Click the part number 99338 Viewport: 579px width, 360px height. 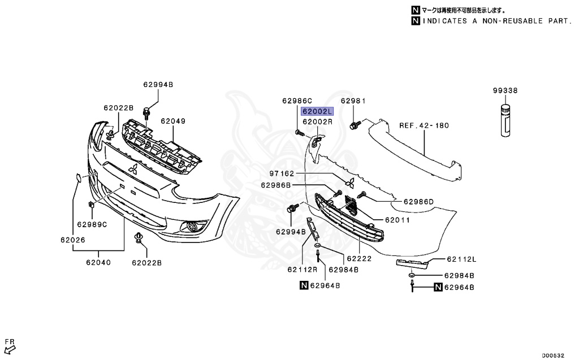click(x=505, y=90)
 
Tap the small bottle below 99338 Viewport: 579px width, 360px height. click(x=505, y=120)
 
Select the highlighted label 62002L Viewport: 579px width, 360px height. click(x=318, y=111)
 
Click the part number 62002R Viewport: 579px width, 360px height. click(x=318, y=122)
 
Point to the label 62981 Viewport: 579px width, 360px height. click(x=354, y=101)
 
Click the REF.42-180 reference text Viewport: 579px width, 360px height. click(x=424, y=125)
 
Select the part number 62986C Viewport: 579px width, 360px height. click(x=297, y=101)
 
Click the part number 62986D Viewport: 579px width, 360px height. click(x=418, y=202)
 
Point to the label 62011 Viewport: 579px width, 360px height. click(x=397, y=220)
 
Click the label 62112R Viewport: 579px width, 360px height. click(x=302, y=270)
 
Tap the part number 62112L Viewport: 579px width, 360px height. click(x=461, y=259)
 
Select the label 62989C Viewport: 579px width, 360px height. click(x=92, y=224)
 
